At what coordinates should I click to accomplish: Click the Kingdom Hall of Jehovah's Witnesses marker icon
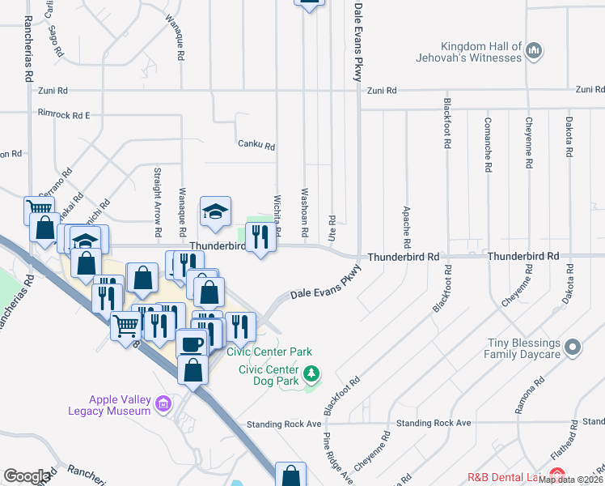[x=533, y=52]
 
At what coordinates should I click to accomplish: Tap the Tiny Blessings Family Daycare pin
[x=573, y=348]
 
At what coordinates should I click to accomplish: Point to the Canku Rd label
[x=256, y=147]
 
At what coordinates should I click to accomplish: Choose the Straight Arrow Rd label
[x=157, y=192]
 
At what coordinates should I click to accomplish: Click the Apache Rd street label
[x=405, y=227]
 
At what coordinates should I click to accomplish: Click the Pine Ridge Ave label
[x=338, y=458]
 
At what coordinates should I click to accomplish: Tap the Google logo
[x=27, y=476]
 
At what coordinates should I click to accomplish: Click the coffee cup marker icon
[x=192, y=343]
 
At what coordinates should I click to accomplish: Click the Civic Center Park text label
[x=269, y=352]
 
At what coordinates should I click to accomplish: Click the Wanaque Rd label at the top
[x=179, y=27]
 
